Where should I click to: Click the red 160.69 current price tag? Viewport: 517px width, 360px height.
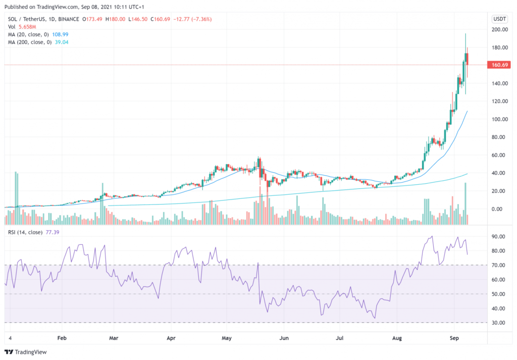point(499,65)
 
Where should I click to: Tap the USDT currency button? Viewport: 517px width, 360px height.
point(499,19)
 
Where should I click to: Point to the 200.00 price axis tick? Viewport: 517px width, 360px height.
point(500,29)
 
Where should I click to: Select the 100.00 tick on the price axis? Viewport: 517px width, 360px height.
point(500,119)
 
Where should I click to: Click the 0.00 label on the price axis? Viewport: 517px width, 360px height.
point(497,209)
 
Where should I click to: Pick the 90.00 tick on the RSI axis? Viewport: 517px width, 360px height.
point(498,237)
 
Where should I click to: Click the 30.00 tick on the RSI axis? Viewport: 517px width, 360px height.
point(498,323)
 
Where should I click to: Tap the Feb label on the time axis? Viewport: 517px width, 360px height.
point(62,338)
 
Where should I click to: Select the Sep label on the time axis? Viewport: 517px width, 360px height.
point(454,338)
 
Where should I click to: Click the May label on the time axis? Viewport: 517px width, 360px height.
point(227,338)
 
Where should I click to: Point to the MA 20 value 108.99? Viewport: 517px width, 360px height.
point(61,35)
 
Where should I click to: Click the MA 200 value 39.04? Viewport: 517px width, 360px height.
point(62,42)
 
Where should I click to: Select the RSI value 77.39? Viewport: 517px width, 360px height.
point(53,232)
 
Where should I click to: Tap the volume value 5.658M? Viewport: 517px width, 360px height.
point(27,27)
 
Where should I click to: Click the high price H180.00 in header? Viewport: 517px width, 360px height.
point(116,19)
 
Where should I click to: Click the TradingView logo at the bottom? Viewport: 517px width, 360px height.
point(26,352)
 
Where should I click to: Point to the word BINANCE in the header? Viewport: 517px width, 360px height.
point(69,19)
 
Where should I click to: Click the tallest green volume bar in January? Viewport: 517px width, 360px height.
point(15,198)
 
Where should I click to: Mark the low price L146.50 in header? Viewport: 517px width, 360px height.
point(138,19)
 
